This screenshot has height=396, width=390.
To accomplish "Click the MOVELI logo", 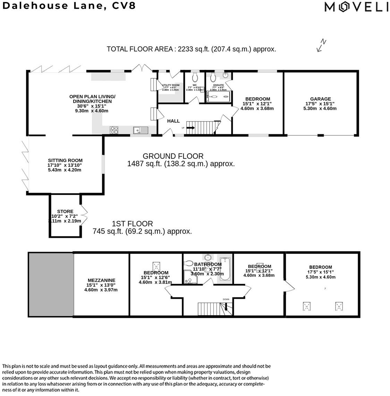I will pos(356,7).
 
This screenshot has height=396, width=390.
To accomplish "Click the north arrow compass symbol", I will pos(321,45).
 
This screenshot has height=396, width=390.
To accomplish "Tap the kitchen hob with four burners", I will pos(114,130).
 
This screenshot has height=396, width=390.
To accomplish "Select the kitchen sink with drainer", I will pos(141,130).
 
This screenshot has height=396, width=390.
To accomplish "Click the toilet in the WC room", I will pos(195,76).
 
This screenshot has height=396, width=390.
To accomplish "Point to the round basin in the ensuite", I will pos(226,76).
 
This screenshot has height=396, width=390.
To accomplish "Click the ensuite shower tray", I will pos(218,97).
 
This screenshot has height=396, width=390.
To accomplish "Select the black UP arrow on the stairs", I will pos(190,128).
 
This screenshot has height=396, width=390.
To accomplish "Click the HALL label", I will pos(173,121).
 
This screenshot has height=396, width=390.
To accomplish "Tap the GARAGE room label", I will pos(320,99).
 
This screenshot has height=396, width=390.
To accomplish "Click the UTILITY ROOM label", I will pos(171,85).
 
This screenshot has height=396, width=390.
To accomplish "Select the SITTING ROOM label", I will pos(65,160).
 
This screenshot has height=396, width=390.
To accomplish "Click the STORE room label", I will pos(65,211).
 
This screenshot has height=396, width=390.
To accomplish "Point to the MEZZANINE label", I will pos(101,280).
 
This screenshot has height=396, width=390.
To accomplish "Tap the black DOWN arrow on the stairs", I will pos(226,306).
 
